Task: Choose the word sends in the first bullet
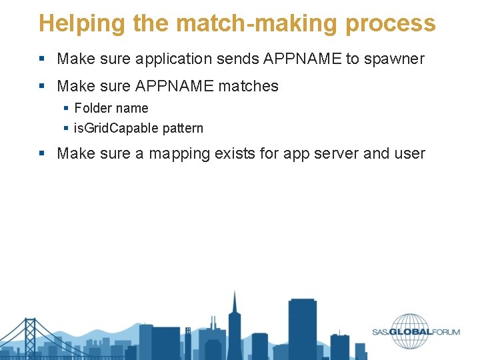click(x=237, y=59)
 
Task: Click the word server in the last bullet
click(x=336, y=153)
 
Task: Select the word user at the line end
click(x=411, y=153)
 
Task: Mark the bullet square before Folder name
click(x=66, y=108)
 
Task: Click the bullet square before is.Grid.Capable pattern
click(x=66, y=128)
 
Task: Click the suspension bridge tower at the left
click(x=29, y=337)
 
